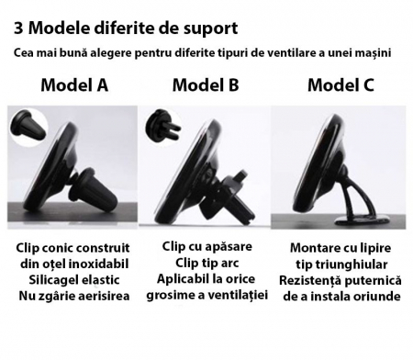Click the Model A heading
click(73, 85)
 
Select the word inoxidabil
click(95, 264)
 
